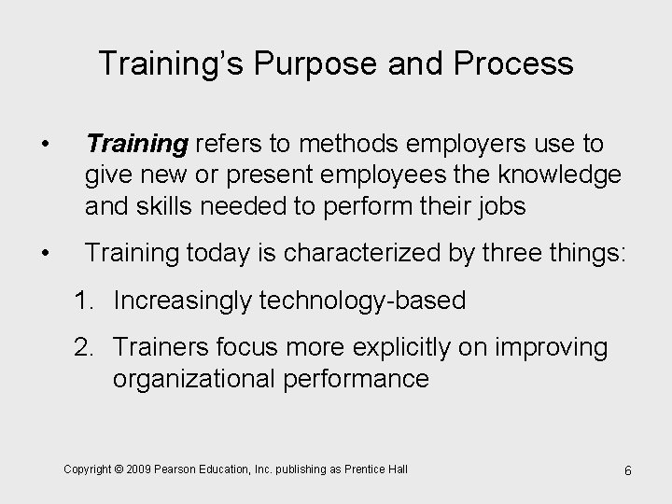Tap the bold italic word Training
coord(137,144)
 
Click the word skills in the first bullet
coord(175,206)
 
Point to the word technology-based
coord(366,300)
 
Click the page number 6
coord(628,469)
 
